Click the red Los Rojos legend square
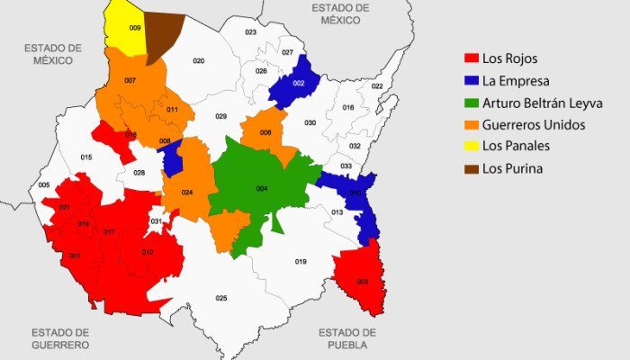pos(470,58)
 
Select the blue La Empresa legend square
pos(470,80)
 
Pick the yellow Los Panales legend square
pos(470,146)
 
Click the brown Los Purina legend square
pos(470,168)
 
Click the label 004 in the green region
pos(262,188)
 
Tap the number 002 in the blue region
pos(299,83)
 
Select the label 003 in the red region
pos(362,282)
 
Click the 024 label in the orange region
pos(186,193)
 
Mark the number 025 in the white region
pos(220,298)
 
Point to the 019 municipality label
pos(301,261)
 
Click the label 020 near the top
pos(199,61)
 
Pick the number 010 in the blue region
pos(355,193)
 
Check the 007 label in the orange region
pos(130,81)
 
